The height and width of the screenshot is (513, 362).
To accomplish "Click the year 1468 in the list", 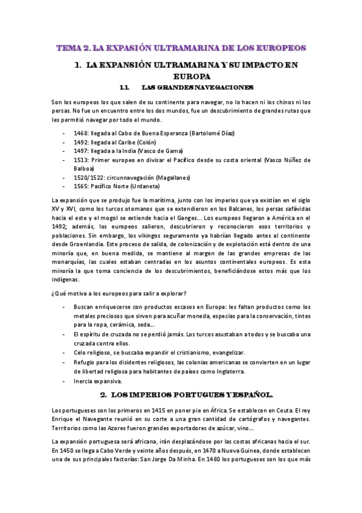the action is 80,133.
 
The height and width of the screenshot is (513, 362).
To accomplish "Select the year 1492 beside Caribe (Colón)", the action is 80,142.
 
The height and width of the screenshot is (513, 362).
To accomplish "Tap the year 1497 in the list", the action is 80,151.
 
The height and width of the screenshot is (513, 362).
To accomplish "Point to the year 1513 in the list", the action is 80,160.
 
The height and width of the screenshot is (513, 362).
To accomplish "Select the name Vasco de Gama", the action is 160,151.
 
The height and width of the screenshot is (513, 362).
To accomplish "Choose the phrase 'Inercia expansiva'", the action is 98,381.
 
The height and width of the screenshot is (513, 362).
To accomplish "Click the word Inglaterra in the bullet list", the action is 242,371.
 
